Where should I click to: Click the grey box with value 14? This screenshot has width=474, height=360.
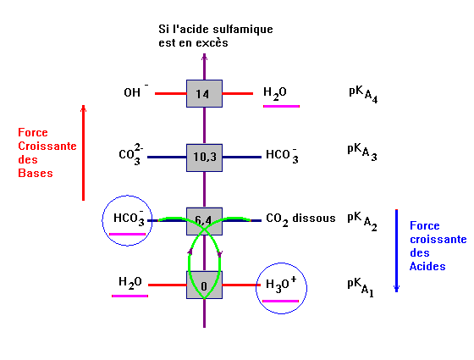(204, 93)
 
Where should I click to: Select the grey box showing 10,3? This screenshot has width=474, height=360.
(204, 158)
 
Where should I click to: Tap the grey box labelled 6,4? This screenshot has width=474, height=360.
(204, 221)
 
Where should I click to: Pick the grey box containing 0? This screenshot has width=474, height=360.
(204, 285)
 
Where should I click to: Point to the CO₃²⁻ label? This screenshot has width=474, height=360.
(131, 155)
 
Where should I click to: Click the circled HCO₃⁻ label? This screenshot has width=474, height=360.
(129, 218)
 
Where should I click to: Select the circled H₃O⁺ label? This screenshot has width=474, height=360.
(281, 285)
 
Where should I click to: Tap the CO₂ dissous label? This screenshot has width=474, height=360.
(300, 219)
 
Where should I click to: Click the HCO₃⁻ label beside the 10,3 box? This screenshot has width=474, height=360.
(282, 155)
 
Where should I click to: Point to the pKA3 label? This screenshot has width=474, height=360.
(362, 152)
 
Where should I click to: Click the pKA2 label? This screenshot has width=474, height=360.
(362, 221)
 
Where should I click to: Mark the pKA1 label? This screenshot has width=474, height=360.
(361, 287)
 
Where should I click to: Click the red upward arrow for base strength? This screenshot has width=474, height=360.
(84, 152)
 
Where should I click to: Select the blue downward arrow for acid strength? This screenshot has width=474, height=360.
(397, 251)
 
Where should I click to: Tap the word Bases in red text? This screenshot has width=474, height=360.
(36, 173)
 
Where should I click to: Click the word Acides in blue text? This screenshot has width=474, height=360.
(427, 266)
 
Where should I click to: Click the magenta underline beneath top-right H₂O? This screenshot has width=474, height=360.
(281, 106)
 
